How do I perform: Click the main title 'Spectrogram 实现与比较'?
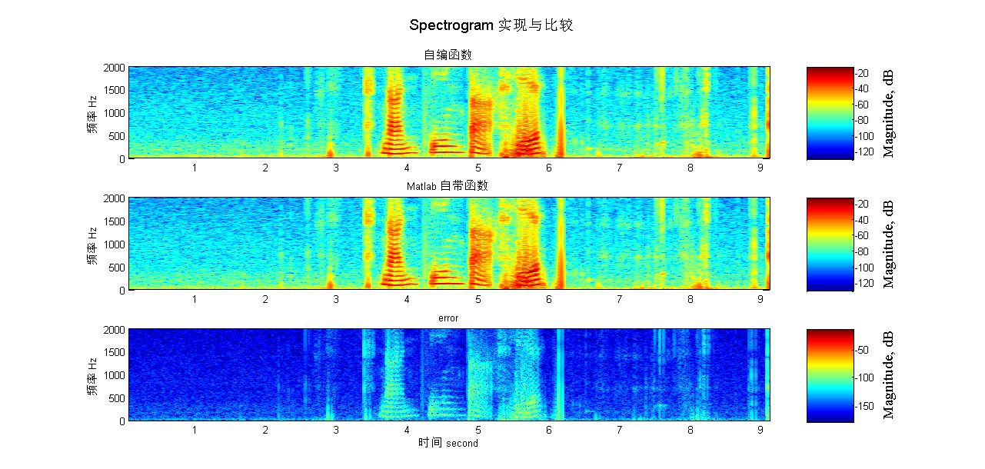pos(491,25)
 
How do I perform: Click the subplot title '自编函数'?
pos(448,55)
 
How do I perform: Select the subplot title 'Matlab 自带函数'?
pos(448,186)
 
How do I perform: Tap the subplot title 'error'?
pos(448,318)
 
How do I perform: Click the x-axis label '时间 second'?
pos(448,443)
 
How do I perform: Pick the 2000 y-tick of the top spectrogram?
pos(113,68)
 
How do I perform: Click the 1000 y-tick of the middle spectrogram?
pos(113,244)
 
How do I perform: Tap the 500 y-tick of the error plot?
pos(115,398)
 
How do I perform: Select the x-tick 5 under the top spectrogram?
pos(478,168)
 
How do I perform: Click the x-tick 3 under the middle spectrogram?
pos(336,299)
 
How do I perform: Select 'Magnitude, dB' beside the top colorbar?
pos(889,113)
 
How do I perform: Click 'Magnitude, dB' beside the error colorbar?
pos(889,375)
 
